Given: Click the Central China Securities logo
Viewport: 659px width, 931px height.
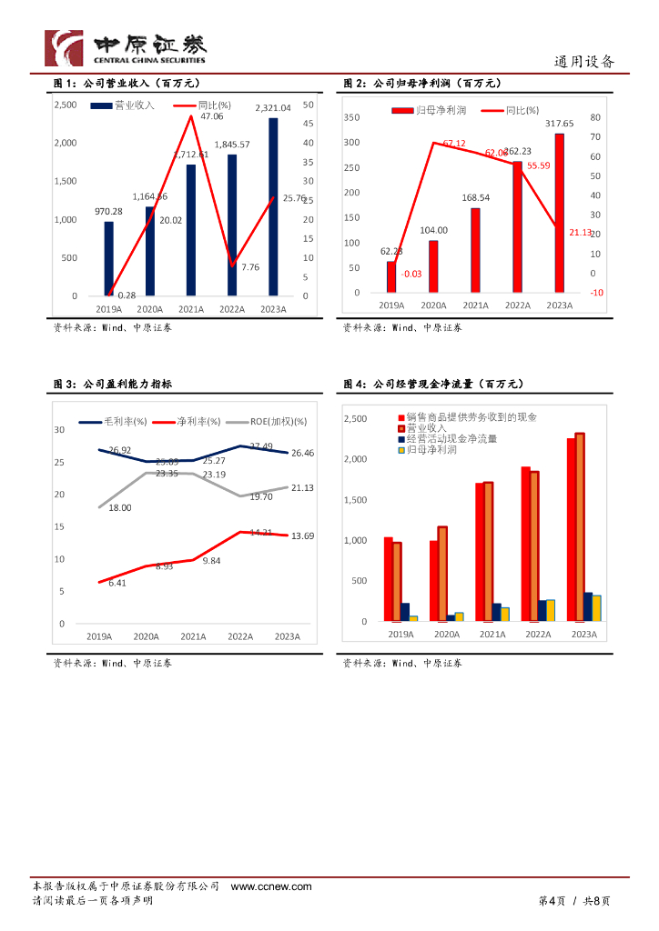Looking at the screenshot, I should point(126,48).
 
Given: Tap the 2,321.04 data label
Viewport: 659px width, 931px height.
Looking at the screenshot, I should point(273,108).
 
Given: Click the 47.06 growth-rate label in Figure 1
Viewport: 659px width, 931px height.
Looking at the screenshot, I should point(211,116).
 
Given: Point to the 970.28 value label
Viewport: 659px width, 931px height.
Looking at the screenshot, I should point(108,212).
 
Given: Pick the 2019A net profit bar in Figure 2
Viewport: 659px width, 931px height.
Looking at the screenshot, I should point(391,276).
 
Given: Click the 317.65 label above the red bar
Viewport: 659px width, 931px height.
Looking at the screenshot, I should point(559,124).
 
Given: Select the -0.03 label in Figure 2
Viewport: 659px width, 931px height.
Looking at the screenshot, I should point(386,274).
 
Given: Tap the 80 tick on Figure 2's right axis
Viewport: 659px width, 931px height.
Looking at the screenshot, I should point(595,117).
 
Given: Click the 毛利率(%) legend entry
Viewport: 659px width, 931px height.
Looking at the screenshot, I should point(114,422).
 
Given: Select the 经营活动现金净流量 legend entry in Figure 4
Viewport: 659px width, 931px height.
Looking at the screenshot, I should point(458,438).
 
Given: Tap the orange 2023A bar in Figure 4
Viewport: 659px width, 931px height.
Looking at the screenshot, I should point(580,527).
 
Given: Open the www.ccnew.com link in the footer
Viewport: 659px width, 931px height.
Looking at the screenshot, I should point(271,886).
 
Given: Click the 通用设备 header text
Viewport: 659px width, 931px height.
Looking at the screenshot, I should point(584,62).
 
